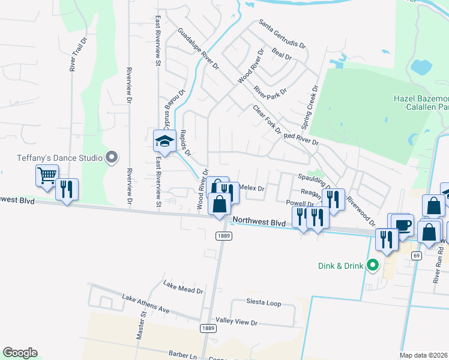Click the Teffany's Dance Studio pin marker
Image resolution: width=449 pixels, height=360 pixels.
coord(111,158)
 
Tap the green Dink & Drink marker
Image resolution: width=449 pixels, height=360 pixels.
coord(372,264)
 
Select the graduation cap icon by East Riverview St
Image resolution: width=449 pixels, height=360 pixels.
coord(164,141)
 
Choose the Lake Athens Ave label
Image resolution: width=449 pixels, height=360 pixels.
coord(146,304)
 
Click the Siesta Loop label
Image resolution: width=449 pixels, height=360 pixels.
coord(264,304)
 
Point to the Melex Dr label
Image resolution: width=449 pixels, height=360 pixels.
coord(252,188)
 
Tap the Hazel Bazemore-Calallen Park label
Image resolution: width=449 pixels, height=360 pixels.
coord(421,102)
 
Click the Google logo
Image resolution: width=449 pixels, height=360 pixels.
coord(20,353)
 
